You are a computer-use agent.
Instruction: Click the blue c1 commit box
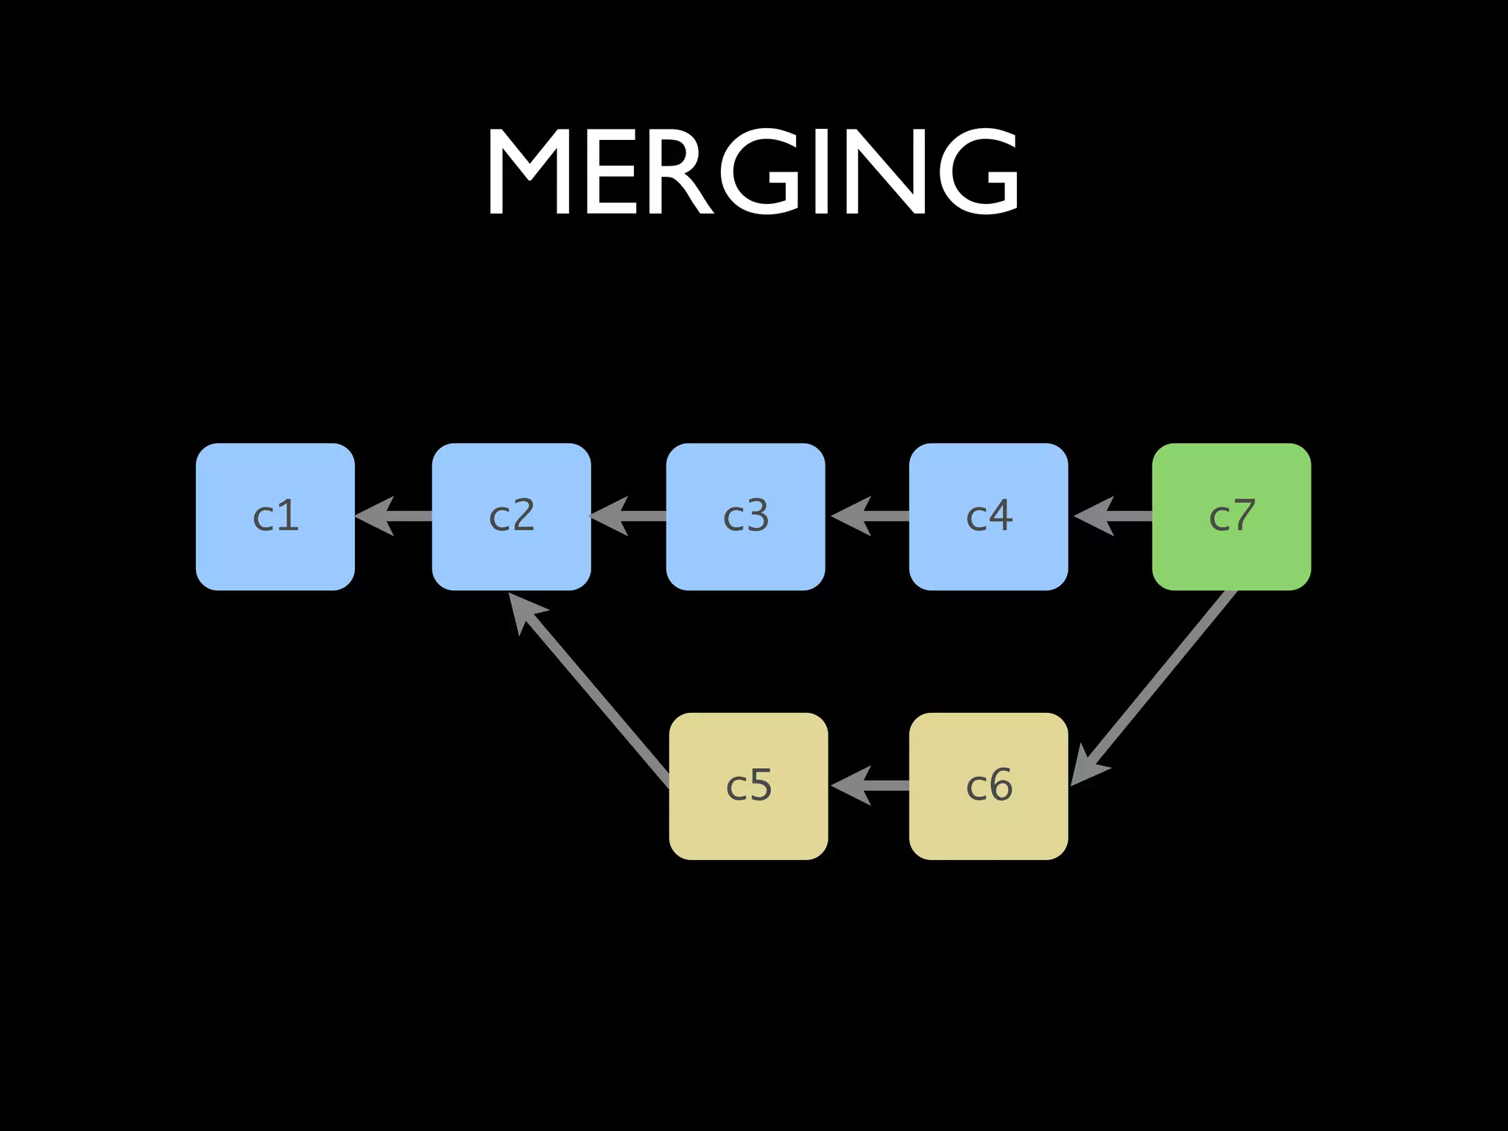275,516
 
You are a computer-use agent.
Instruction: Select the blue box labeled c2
511,516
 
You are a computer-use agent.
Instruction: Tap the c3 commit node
745,516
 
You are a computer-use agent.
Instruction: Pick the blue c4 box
988,516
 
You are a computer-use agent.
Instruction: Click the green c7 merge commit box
1231,516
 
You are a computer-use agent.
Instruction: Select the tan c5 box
748,786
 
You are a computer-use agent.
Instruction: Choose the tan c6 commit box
988,786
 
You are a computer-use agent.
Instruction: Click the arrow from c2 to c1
394,516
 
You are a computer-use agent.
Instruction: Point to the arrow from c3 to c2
628,516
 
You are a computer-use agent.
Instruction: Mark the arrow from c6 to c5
869,786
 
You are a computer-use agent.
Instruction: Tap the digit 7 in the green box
1244,515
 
